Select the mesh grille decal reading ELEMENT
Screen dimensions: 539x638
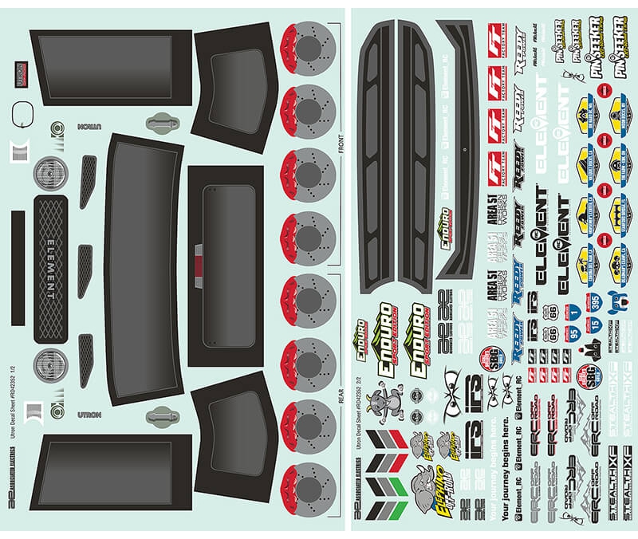coord(51,269)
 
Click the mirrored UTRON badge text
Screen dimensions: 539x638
coord(85,128)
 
